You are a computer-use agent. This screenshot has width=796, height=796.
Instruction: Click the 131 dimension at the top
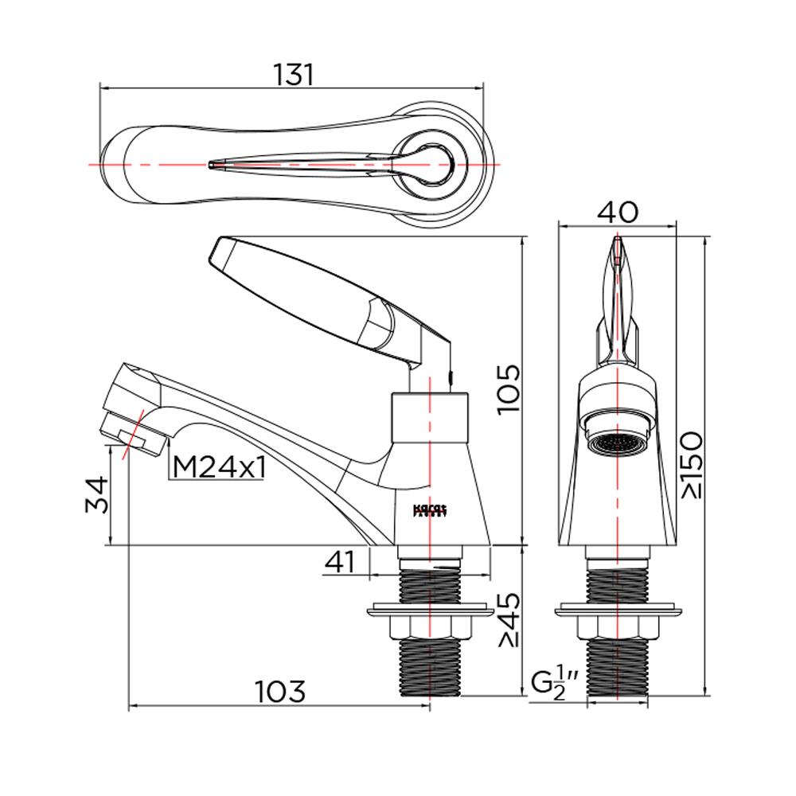pyautogui.click(x=294, y=74)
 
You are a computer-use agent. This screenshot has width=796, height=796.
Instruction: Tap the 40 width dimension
pyautogui.click(x=618, y=212)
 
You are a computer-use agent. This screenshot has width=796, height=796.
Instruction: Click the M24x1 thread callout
pyautogui.click(x=219, y=468)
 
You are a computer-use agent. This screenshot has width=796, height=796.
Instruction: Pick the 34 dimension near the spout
pyautogui.click(x=95, y=495)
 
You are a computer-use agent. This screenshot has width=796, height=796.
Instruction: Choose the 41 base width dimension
pyautogui.click(x=340, y=562)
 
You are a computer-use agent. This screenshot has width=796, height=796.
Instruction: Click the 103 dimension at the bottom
pyautogui.click(x=279, y=691)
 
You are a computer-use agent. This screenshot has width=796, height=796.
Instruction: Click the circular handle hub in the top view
pyautogui.click(x=430, y=163)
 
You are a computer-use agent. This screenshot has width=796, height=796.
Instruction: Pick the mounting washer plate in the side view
pyautogui.click(x=430, y=612)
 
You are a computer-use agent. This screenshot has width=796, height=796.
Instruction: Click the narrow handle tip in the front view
pyautogui.click(x=618, y=251)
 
